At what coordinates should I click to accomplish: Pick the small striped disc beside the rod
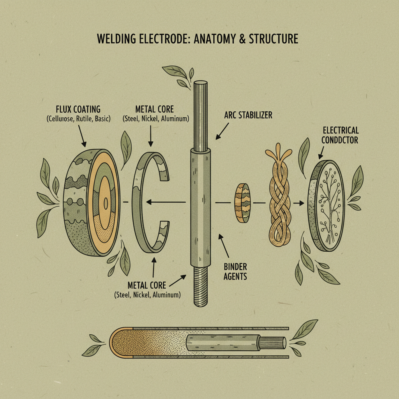pos(242,203)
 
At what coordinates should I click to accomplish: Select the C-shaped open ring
pos(146,203)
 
